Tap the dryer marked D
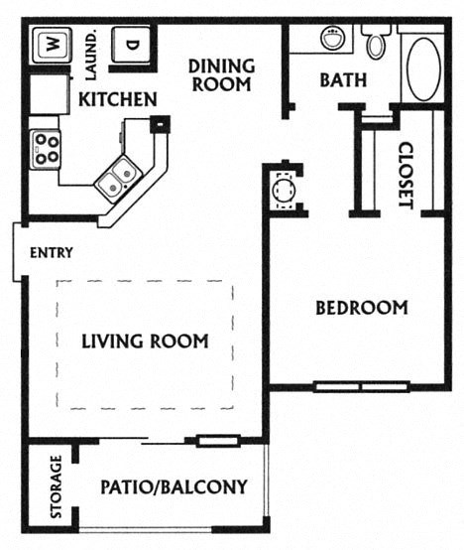[x=130, y=46]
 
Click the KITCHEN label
[x=117, y=99]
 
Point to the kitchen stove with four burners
[x=46, y=149]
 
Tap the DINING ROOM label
[x=221, y=75]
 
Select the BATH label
[x=343, y=79]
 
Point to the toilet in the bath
[x=377, y=42]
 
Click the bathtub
[x=424, y=67]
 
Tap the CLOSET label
[x=405, y=176]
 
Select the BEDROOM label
[x=361, y=308]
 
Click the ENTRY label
[x=51, y=252]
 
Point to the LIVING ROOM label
[x=145, y=342]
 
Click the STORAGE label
[x=57, y=487]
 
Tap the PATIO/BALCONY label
[x=174, y=487]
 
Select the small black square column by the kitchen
[x=159, y=124]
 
